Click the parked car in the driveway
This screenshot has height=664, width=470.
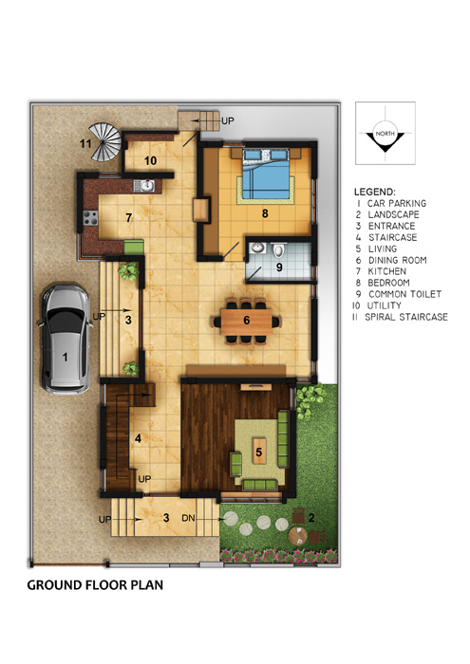(x=66, y=339)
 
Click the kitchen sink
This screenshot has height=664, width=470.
(x=144, y=186)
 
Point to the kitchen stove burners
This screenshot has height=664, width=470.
(x=90, y=217)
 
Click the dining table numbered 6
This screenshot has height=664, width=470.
(x=247, y=321)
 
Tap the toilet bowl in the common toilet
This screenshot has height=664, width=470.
(x=278, y=250)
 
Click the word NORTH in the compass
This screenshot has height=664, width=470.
(x=385, y=134)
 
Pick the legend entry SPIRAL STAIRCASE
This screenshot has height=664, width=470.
(x=406, y=317)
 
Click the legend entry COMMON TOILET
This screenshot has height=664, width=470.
(x=404, y=294)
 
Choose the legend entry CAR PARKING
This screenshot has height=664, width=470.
(x=397, y=203)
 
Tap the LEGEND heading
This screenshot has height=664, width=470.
(x=375, y=192)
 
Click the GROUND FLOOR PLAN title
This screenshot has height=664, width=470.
(x=95, y=585)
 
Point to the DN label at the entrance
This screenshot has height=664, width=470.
(x=188, y=518)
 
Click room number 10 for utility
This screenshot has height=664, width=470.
(x=150, y=161)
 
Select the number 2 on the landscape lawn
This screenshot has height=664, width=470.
(x=311, y=517)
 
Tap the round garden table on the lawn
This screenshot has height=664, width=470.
(x=298, y=535)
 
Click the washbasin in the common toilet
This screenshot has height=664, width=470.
(x=257, y=248)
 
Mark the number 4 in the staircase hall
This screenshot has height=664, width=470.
(x=138, y=438)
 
